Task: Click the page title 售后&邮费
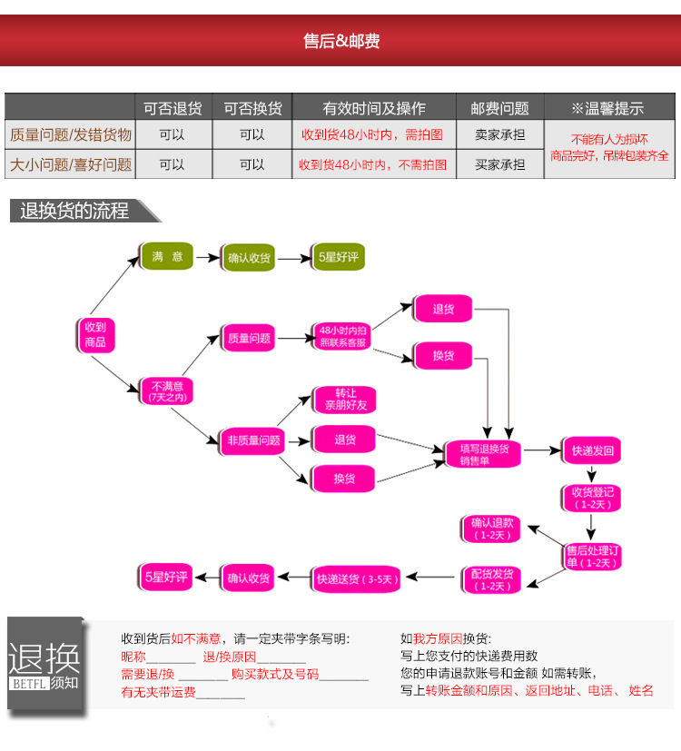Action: (x=341, y=41)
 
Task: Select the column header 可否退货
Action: (x=173, y=108)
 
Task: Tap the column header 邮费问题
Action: (x=499, y=108)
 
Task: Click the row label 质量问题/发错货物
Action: (x=71, y=134)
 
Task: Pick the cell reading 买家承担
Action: (x=499, y=164)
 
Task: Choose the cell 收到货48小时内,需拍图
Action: (x=372, y=134)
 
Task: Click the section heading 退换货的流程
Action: (x=74, y=211)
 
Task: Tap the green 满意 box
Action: (x=167, y=256)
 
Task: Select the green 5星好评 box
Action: (x=338, y=257)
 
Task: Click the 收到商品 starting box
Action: (x=95, y=335)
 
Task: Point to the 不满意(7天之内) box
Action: (x=167, y=391)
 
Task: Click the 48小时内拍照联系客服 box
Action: (x=342, y=336)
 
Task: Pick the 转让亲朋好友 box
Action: (x=345, y=400)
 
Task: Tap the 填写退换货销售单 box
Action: (x=483, y=455)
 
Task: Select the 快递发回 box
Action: (x=592, y=450)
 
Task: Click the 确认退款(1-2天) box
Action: (x=491, y=529)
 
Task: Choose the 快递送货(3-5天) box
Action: (x=356, y=579)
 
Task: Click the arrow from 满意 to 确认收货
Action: (x=208, y=258)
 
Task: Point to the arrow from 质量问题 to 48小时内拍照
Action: (x=296, y=339)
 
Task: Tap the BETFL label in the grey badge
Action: (x=29, y=684)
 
